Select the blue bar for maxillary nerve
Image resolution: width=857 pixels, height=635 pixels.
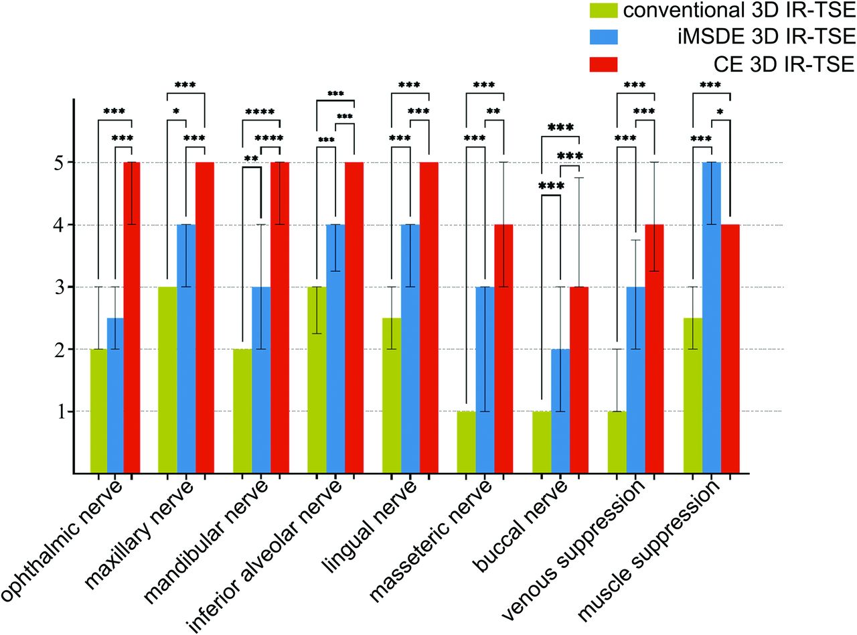coord(186,348)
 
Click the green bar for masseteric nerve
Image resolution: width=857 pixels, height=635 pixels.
coord(466,442)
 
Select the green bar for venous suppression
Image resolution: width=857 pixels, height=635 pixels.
coord(617,442)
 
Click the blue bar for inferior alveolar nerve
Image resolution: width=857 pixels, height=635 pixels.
coord(335,348)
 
